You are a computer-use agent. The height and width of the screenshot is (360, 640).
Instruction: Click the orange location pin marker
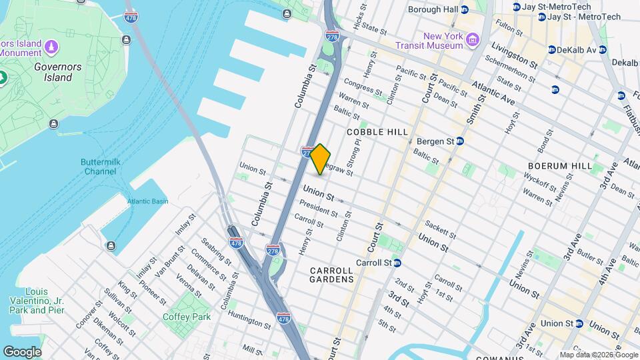[321, 159]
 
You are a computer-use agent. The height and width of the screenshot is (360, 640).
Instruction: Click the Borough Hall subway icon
[465, 9]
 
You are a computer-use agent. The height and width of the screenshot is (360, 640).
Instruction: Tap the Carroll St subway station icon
[397, 263]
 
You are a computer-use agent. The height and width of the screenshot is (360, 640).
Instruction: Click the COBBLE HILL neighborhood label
[377, 132]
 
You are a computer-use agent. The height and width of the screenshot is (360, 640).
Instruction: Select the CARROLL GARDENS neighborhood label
[331, 275]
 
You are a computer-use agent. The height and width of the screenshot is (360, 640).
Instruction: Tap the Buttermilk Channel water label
[99, 167]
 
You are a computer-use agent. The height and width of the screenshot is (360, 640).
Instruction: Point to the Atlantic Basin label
[148, 201]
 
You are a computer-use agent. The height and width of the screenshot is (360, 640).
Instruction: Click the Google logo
[22, 351]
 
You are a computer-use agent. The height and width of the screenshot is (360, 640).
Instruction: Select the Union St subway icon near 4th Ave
[579, 323]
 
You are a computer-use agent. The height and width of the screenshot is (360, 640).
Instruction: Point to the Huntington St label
[249, 319]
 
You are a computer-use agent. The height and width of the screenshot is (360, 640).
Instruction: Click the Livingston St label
[514, 55]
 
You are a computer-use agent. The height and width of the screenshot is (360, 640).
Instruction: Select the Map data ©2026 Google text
[599, 355]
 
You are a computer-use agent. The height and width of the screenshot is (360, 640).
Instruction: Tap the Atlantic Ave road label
[493, 92]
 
